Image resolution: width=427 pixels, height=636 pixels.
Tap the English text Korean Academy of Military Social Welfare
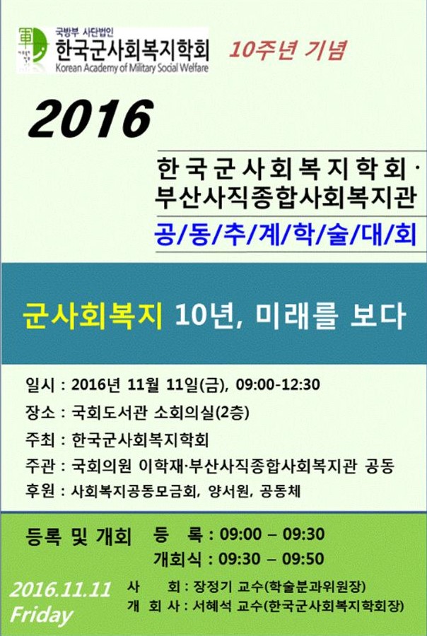point(132,67)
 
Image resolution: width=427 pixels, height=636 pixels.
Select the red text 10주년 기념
point(287,50)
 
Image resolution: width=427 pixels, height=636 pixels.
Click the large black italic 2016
point(91,119)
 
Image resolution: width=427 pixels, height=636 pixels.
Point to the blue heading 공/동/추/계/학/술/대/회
point(286,235)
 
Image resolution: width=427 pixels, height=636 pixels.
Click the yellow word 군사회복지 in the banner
point(93,316)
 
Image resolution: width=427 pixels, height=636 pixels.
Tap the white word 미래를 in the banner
point(297,316)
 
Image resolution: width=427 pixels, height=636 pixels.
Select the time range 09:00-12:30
point(278,384)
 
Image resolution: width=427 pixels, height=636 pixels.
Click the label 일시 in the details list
point(40,384)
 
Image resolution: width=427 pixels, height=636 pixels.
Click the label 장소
point(40,413)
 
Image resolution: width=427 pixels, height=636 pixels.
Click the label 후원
point(40,491)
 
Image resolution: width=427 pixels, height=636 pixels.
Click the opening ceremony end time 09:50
point(303,559)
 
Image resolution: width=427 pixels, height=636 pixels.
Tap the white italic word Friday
point(42,616)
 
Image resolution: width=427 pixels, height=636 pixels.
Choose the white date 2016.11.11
point(60,589)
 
